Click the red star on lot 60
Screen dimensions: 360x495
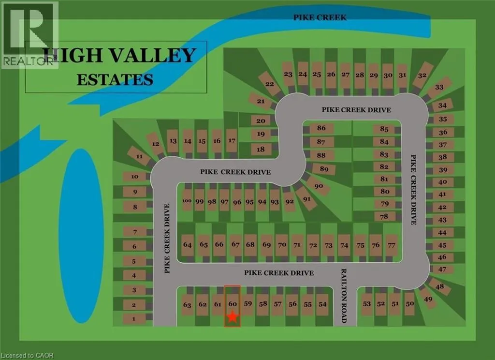(233, 317)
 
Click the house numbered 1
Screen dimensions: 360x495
(135, 319)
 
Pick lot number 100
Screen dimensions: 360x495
(188, 202)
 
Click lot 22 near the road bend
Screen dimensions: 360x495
(270, 84)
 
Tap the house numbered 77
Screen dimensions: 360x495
(392, 245)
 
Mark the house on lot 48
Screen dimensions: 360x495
(439, 286)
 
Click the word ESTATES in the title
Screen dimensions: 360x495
(115, 79)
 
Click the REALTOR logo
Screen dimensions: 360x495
(29, 34)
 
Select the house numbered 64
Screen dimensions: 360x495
(188, 245)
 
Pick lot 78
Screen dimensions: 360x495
(384, 216)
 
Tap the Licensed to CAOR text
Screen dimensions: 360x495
(27, 356)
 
